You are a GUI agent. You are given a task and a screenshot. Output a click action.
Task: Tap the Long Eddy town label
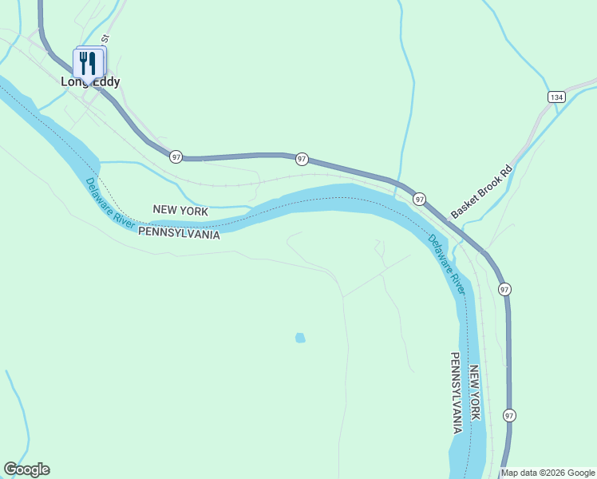[90, 81]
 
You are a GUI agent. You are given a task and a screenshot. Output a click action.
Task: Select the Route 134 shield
[556, 97]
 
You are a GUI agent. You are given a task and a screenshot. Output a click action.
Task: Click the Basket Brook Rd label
[480, 192]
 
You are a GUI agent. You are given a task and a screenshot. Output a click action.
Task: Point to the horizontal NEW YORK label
[180, 211]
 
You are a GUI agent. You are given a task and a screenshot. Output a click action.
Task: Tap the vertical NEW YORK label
[474, 393]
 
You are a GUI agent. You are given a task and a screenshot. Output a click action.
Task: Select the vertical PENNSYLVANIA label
[457, 392]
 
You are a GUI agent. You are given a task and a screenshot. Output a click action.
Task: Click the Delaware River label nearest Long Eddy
[109, 203]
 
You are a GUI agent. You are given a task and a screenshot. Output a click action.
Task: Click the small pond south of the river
[300, 338]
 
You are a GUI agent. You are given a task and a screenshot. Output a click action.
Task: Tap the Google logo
[26, 469]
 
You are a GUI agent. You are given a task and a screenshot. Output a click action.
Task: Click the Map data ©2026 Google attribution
[548, 473]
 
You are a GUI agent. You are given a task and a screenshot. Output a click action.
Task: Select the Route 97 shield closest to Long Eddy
[175, 156]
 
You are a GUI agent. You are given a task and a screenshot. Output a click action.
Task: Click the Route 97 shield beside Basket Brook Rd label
[419, 198]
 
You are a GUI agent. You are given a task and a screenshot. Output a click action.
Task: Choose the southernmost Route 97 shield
[508, 415]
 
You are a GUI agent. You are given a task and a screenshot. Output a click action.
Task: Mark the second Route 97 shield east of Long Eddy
[302, 159]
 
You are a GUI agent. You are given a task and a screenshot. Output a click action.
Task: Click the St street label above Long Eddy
[104, 38]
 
